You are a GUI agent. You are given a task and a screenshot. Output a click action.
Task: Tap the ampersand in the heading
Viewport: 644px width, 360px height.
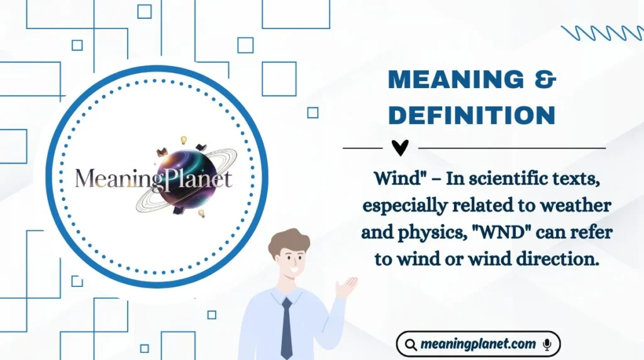pyautogui.click(x=541, y=81)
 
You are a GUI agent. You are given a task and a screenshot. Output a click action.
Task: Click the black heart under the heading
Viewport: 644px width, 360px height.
pyautogui.click(x=400, y=148)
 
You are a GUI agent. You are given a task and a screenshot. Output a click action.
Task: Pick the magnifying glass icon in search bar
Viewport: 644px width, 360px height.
pyautogui.click(x=411, y=345)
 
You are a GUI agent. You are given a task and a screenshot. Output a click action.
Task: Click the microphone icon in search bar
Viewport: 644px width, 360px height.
pyautogui.click(x=547, y=344)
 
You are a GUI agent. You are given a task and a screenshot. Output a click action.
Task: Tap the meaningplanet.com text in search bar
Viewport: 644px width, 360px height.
pyautogui.click(x=479, y=344)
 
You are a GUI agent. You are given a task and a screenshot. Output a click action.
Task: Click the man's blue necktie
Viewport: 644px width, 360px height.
pyautogui.click(x=287, y=327)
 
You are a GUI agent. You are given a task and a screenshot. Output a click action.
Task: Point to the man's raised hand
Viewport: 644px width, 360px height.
pyautogui.click(x=346, y=286)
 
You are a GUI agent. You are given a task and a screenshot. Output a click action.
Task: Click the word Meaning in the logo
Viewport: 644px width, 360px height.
pyautogui.click(x=111, y=179)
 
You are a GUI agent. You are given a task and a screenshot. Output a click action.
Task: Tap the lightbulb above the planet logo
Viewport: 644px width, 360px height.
pyautogui.click(x=184, y=140)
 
